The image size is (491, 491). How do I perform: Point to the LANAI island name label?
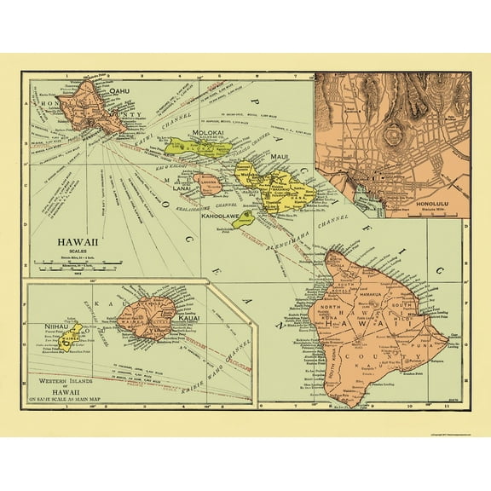205,189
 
